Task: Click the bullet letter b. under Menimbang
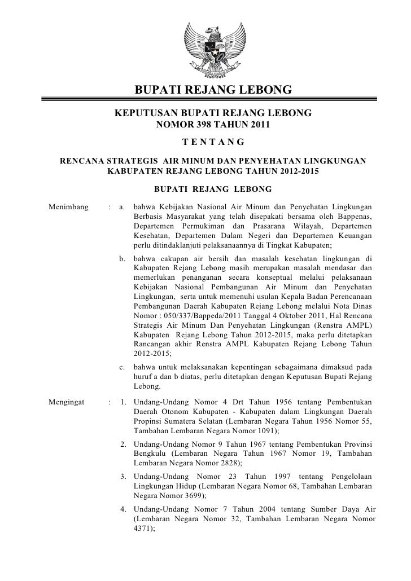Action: tap(124, 259)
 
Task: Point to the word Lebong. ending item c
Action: tap(147, 387)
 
